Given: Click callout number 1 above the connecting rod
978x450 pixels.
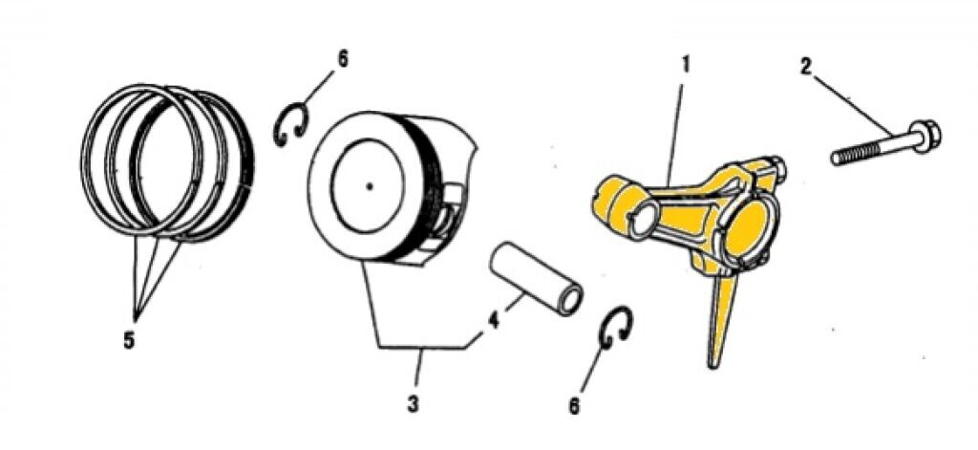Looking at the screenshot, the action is click(685, 65).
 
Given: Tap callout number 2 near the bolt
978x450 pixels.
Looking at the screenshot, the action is click(806, 67).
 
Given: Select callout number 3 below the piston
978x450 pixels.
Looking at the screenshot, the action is click(413, 403).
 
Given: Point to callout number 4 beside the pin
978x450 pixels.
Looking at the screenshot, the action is click(494, 321).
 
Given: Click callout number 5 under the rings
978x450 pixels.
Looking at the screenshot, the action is click(129, 340).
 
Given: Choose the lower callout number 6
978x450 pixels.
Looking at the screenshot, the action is click(574, 406).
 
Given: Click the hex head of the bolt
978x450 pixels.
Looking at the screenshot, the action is click(925, 136).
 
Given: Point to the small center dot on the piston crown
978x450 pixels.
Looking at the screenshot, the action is click(370, 185).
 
